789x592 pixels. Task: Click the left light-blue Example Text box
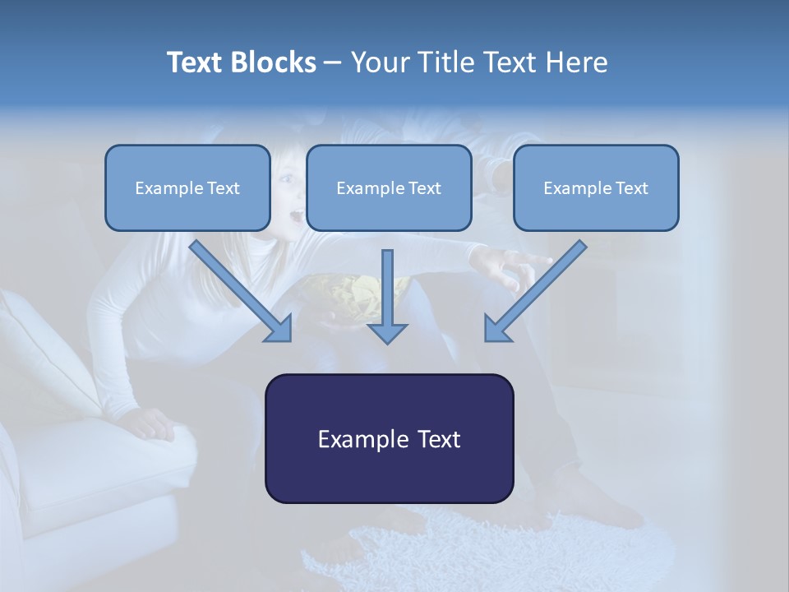[187, 188]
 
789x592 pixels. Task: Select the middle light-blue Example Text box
[389, 188]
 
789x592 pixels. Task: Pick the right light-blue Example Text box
[596, 188]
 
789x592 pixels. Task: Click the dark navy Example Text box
[389, 438]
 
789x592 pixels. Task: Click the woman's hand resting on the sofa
[152, 424]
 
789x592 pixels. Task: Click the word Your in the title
[379, 62]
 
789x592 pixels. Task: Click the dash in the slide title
[333, 63]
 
